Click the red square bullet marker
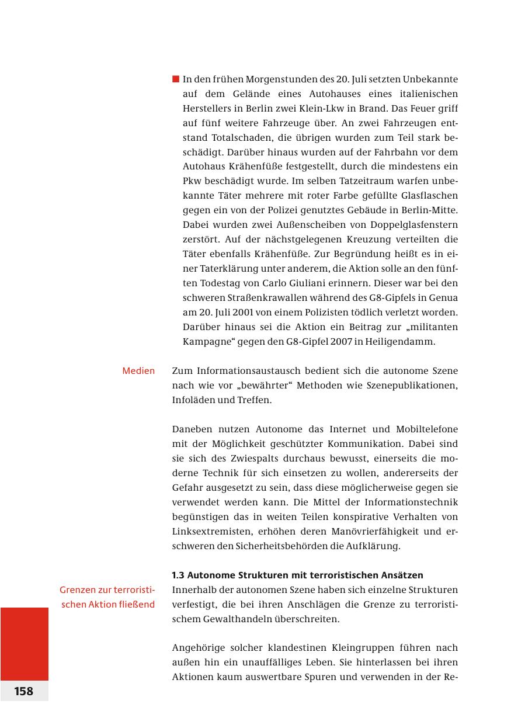pos(175,79)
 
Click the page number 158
pos(24,691)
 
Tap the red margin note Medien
pos(138,371)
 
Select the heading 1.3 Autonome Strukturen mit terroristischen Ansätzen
pos(297,575)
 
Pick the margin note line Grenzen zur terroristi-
pos(107,590)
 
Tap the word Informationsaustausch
pos(248,371)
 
